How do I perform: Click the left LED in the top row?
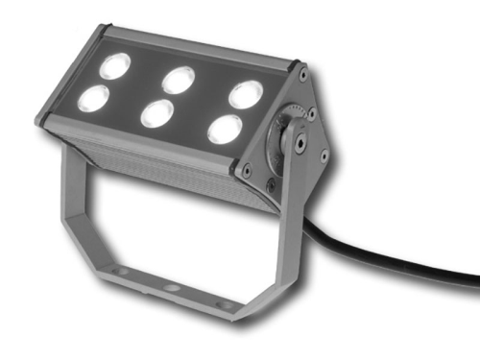click(x=115, y=65)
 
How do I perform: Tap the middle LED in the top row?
click(x=178, y=80)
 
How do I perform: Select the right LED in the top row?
click(x=245, y=94)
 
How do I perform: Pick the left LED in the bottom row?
click(x=95, y=97)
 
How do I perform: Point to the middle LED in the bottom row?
click(x=156, y=113)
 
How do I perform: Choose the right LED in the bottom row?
click(x=224, y=129)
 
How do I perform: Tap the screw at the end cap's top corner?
click(x=303, y=74)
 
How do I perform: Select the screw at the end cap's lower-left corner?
click(x=248, y=170)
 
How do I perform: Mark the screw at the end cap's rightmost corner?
click(x=324, y=155)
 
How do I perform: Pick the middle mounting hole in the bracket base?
click(x=171, y=288)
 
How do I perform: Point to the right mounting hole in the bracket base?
click(x=225, y=304)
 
